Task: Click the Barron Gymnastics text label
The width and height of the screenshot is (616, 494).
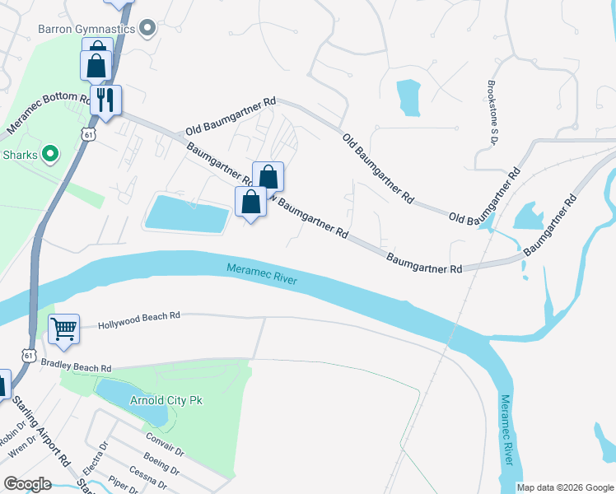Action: [x=86, y=30]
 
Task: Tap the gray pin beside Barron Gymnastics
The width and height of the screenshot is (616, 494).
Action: [x=148, y=30]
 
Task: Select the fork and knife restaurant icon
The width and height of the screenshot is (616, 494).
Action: [x=105, y=100]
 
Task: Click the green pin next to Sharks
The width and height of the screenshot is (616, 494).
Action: [x=49, y=154]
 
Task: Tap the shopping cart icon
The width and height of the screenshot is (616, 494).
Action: [x=63, y=329]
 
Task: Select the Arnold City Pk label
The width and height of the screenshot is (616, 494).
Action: [x=166, y=400]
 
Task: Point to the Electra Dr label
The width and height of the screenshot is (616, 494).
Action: [x=101, y=457]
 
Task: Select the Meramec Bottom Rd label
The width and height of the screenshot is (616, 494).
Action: [x=49, y=114]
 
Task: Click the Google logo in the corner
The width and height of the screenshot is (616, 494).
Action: [x=27, y=483]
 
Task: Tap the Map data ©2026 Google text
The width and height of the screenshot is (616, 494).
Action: [x=565, y=487]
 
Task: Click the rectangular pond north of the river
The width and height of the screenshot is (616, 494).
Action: [x=187, y=214]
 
